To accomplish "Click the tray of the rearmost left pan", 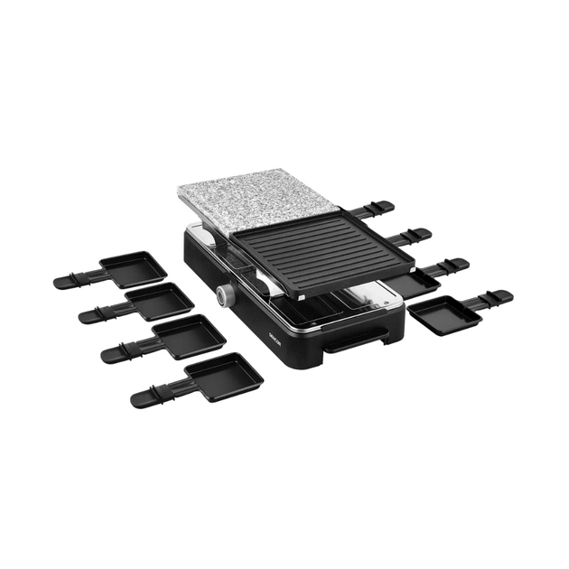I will pos(132,268).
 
